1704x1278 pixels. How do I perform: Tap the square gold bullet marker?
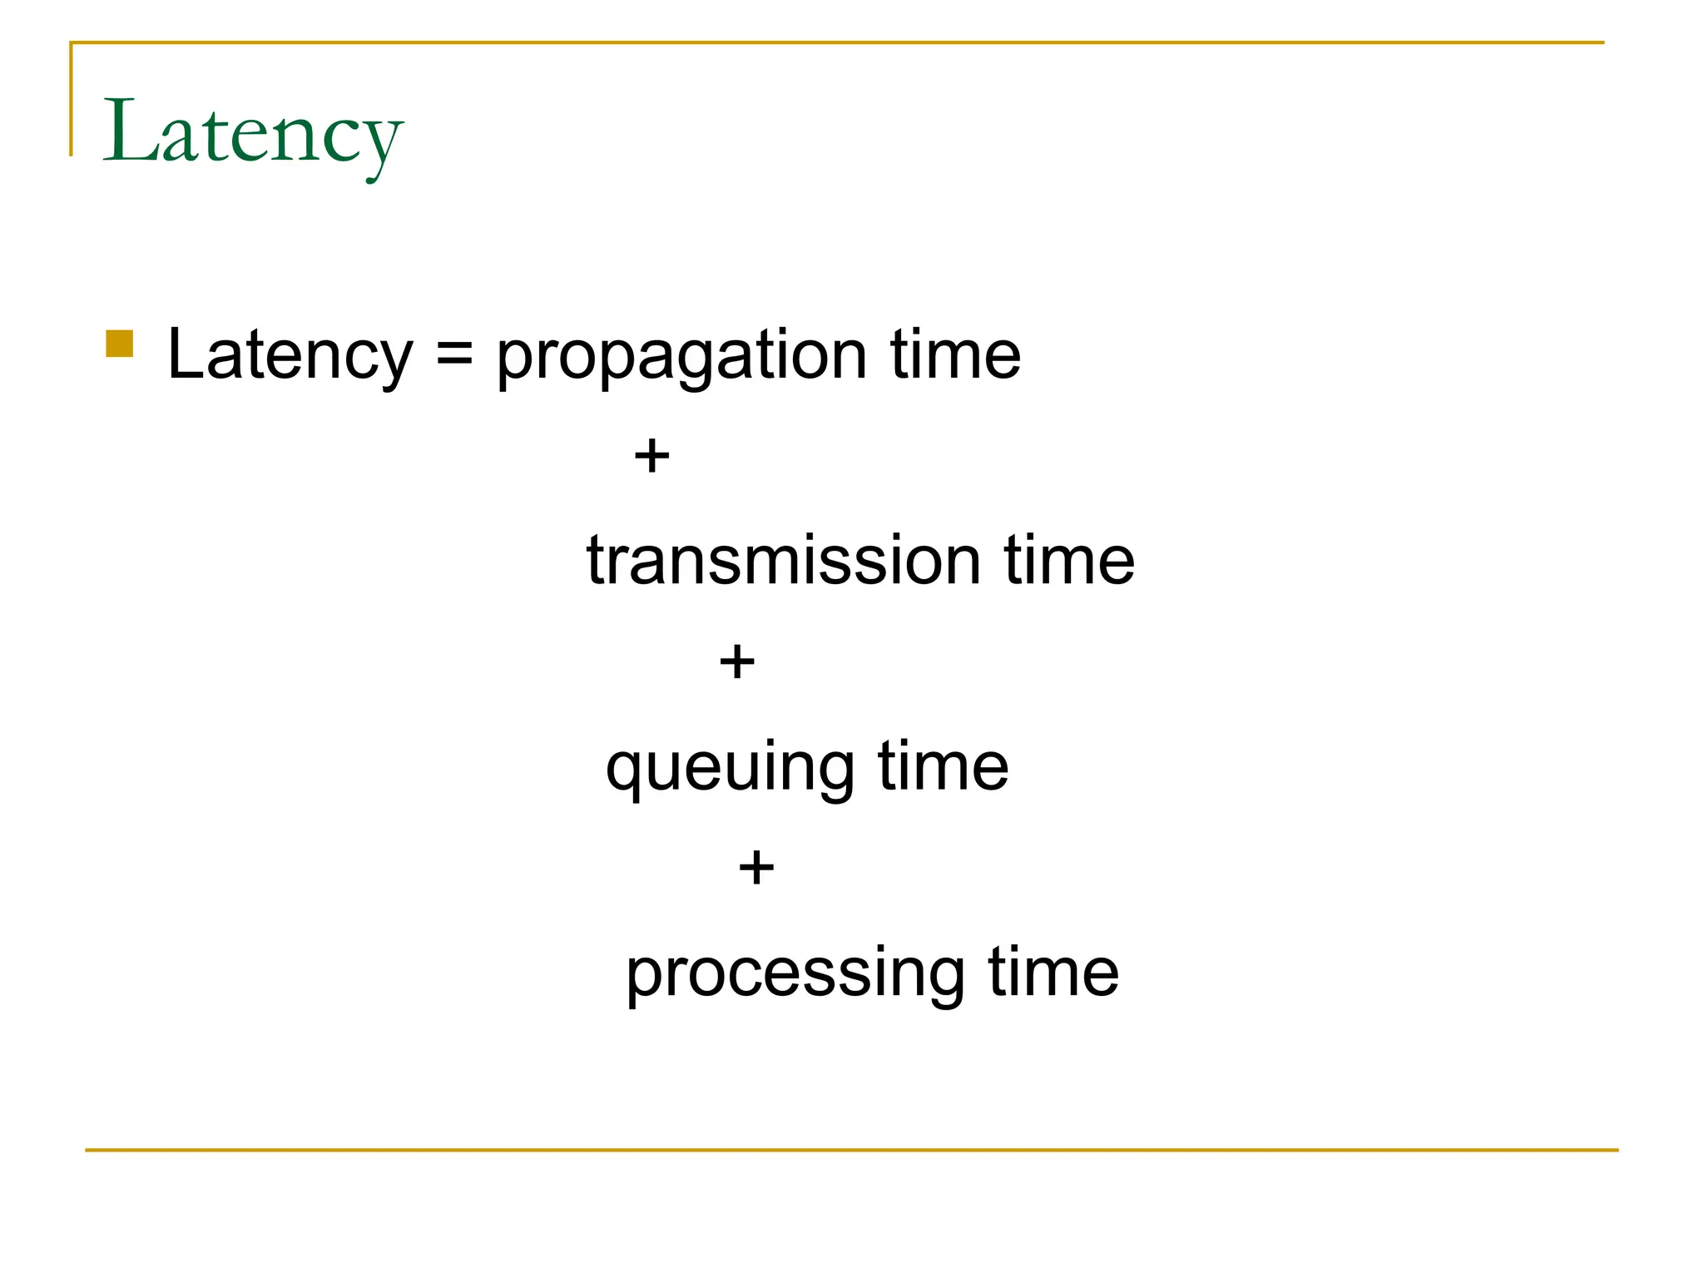[120, 344]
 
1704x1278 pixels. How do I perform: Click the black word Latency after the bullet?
[290, 354]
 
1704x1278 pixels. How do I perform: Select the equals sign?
[454, 354]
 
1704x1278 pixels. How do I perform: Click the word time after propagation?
[955, 354]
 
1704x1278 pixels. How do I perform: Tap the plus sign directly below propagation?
[651, 456]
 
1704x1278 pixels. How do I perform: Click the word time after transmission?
[1068, 560]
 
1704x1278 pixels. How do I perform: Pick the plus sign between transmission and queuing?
[737, 662]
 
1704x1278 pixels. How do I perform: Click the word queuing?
[730, 769]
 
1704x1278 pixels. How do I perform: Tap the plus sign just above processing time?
[756, 868]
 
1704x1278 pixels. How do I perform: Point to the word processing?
[795, 975]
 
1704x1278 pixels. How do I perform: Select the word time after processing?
[1053, 972]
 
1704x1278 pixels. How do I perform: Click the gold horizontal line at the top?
[832, 42]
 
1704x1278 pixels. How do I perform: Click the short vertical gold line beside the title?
[72, 100]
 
